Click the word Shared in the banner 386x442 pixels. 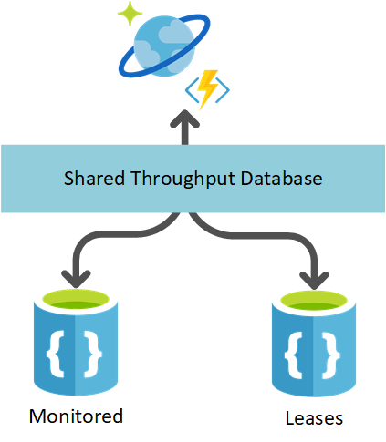click(89, 179)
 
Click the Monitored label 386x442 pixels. click(76, 416)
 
